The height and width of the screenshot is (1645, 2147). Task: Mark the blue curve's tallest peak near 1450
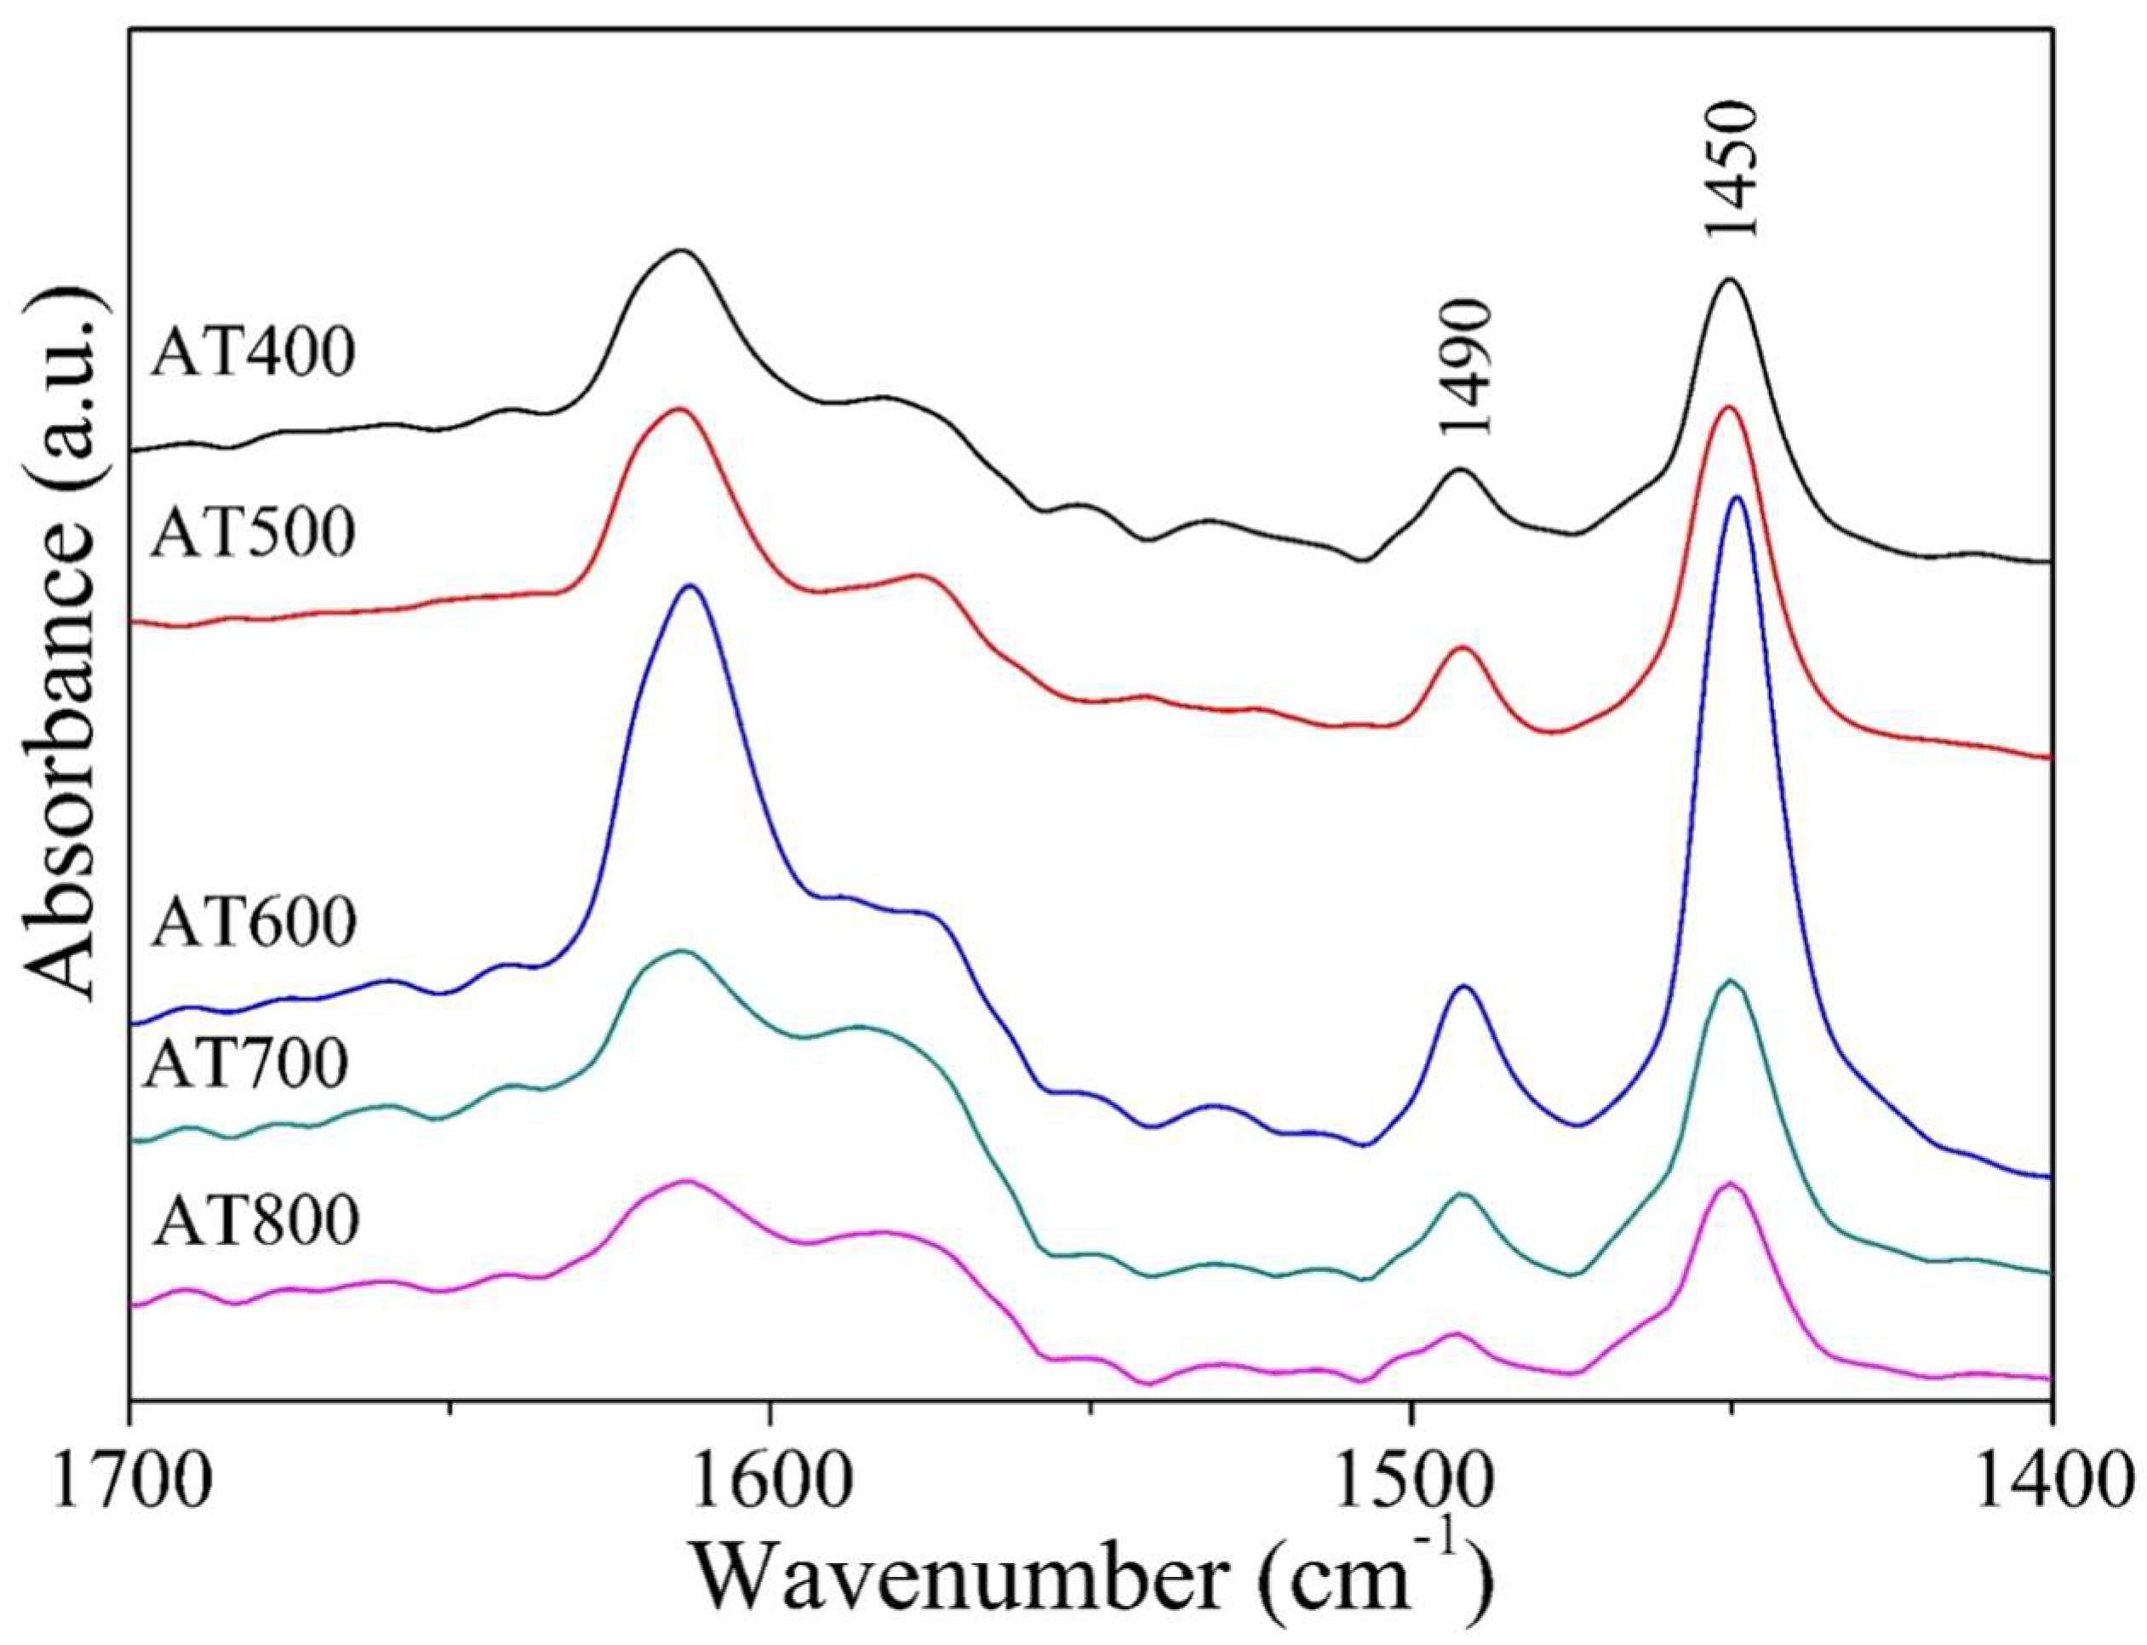1738,498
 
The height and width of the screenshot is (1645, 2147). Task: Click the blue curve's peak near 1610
690,587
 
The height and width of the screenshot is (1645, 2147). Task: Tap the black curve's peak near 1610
681,252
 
